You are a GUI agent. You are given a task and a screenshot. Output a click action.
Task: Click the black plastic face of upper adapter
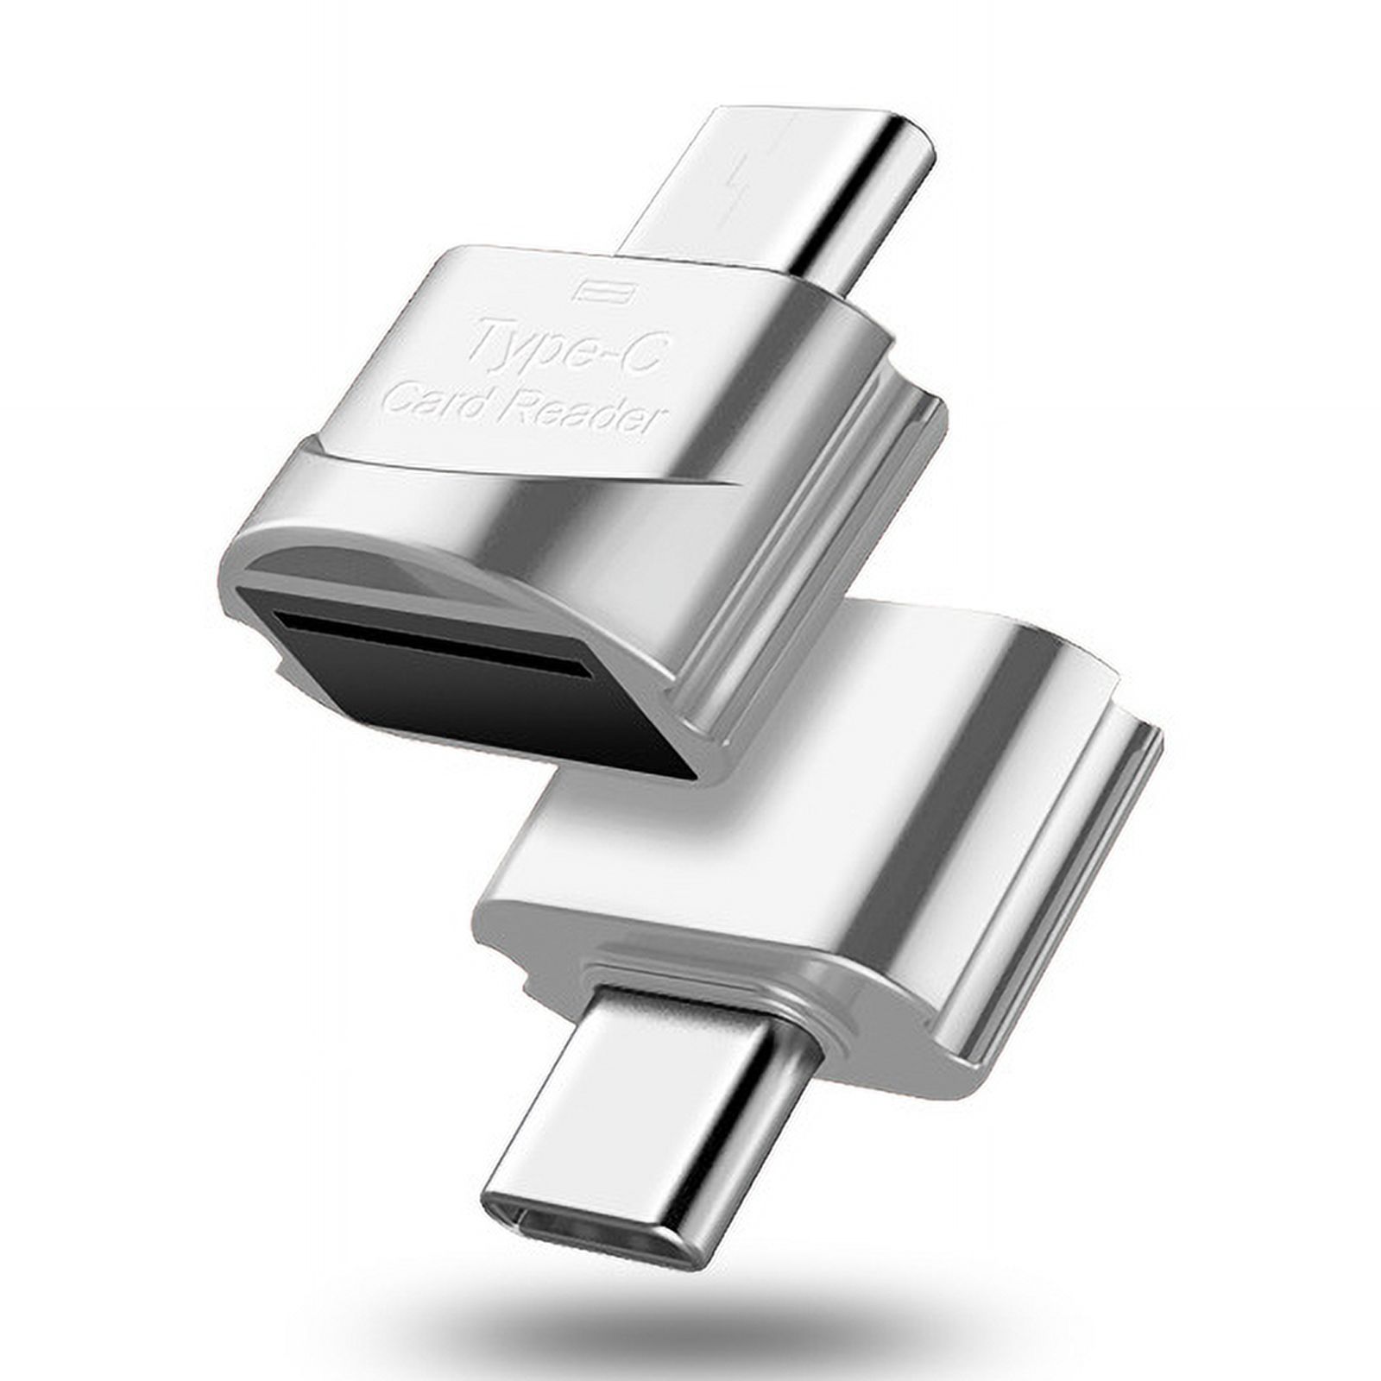pyautogui.click(x=483, y=699)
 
